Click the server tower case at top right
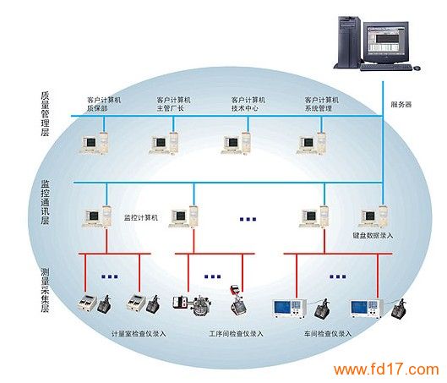coord(348,42)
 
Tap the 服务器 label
coord(401,104)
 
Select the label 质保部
coord(97,108)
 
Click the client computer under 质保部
coord(94,143)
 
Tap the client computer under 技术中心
coord(236,143)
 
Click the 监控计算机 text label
coord(141,218)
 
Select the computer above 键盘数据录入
coord(374,216)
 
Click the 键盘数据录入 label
coord(373,236)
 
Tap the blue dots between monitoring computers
coord(248,219)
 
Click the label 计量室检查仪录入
coord(139,334)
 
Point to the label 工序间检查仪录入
coord(236,334)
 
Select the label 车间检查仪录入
coord(328,334)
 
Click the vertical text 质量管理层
coord(45,113)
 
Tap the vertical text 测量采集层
coord(45,290)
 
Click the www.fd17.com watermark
coord(386,369)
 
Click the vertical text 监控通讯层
coord(45,202)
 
